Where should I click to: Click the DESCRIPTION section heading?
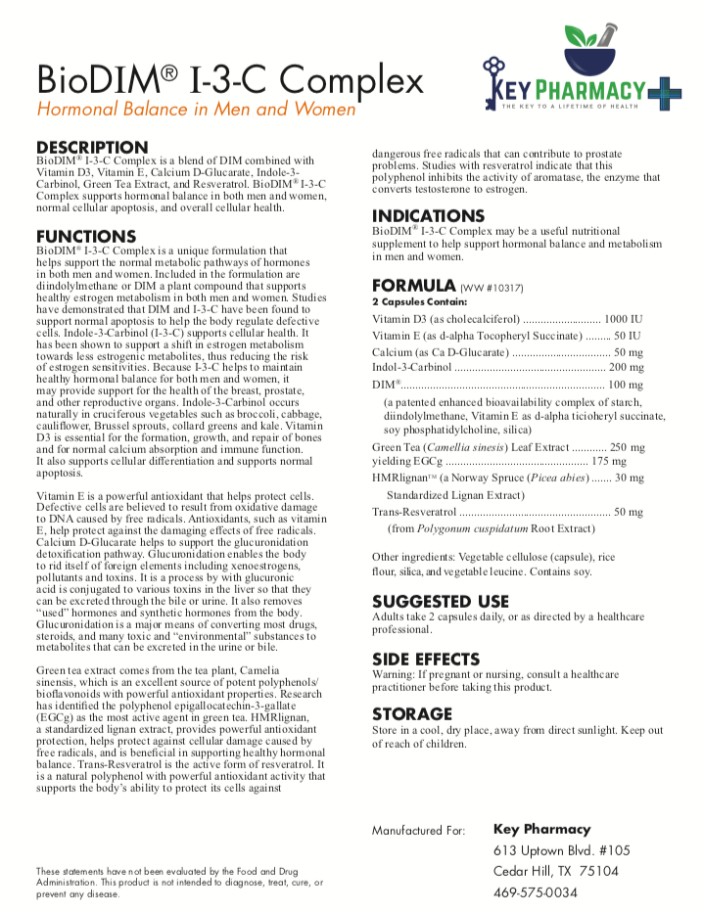(x=92, y=148)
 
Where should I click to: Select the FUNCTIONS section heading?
(x=86, y=237)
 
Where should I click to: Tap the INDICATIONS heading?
(x=428, y=216)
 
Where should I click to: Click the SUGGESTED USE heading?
(x=441, y=602)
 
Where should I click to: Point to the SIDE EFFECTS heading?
(x=426, y=660)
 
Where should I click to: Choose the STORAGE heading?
(x=411, y=715)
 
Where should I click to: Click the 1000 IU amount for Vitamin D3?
(x=624, y=320)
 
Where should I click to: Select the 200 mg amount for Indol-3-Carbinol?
(x=627, y=367)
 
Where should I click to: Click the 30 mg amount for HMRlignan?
(x=631, y=479)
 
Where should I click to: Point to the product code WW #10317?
(x=492, y=289)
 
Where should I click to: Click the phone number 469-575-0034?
(x=536, y=892)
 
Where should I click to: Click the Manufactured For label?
(x=418, y=831)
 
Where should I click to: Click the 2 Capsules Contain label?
(x=414, y=302)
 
